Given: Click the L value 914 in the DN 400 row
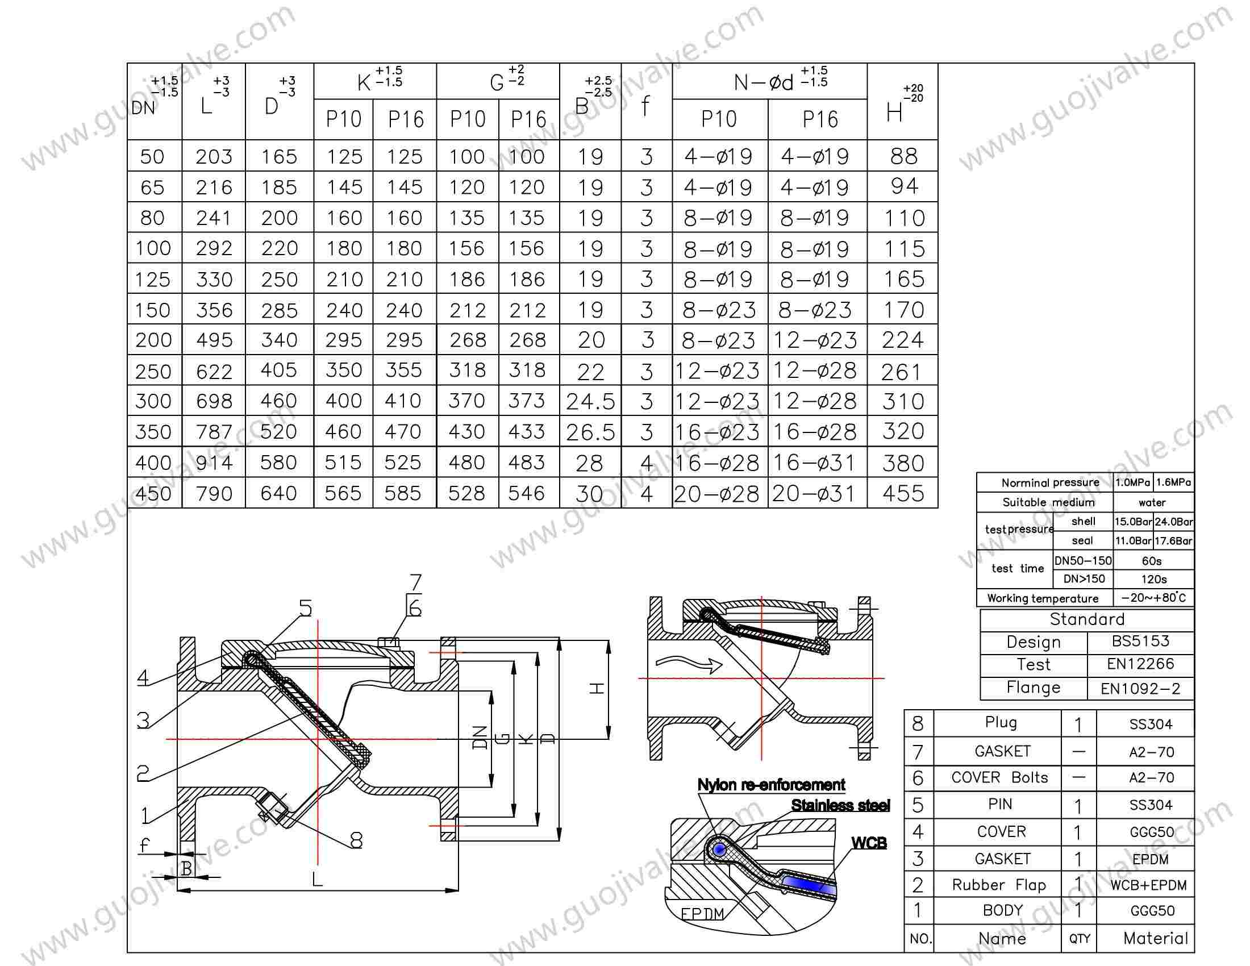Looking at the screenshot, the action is [214, 463].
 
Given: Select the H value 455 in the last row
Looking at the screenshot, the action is [903, 493].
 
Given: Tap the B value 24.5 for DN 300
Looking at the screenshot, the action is [590, 402].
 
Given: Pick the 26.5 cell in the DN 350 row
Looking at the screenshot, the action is [590, 432].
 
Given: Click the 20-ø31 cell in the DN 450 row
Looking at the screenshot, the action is [813, 493].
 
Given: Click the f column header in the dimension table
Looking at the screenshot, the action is [645, 106].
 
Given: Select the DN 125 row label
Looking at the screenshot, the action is [153, 279].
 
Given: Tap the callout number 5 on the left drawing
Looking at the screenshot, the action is [306, 609].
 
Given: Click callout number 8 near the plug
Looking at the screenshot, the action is [356, 840].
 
